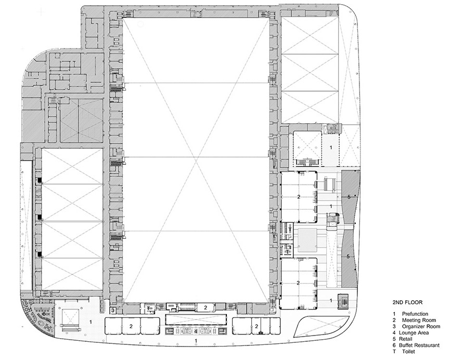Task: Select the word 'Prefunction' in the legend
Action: tap(415, 314)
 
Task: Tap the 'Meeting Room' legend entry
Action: tap(419, 320)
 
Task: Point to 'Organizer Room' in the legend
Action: tap(421, 327)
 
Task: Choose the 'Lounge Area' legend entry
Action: tap(414, 333)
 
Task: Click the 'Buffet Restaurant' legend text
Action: tap(419, 345)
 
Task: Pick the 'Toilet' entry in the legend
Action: tap(408, 352)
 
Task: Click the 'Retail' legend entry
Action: tap(406, 339)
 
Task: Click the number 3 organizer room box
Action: tap(113, 310)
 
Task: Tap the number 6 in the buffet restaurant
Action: tap(44, 314)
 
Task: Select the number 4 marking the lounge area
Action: tap(196, 331)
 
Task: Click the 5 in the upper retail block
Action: tap(349, 197)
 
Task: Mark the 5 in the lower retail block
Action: tap(348, 256)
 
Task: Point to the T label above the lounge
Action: tap(148, 308)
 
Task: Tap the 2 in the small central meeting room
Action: tap(205, 307)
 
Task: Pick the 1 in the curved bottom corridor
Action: tap(196, 341)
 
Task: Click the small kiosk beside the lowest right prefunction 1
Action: tap(343, 301)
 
